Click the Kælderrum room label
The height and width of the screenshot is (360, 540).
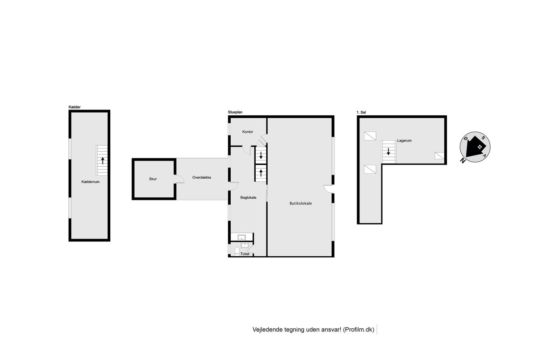click(x=90, y=182)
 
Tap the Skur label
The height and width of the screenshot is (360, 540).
click(x=153, y=179)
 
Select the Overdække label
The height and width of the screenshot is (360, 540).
click(x=202, y=177)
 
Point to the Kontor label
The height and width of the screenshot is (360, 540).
click(x=248, y=132)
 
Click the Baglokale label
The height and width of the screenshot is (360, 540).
click(x=248, y=198)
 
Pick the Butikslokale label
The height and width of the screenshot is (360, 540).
click(x=300, y=203)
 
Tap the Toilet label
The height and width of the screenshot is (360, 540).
click(x=245, y=254)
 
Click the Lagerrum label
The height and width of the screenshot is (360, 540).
click(x=404, y=140)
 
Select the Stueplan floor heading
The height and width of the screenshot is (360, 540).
click(x=235, y=112)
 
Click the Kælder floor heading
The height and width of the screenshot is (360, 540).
click(x=74, y=107)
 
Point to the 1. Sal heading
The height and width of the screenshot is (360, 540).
click(x=361, y=112)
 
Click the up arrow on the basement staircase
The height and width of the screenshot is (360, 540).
click(x=103, y=161)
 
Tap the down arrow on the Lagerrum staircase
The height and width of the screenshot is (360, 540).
click(x=388, y=151)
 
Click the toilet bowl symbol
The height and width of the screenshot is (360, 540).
click(x=237, y=251)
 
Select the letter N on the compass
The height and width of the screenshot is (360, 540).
click(x=462, y=161)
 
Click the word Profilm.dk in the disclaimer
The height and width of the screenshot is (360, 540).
click(x=359, y=330)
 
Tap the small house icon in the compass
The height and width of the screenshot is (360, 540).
click(x=479, y=147)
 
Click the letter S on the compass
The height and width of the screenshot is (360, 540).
click(x=483, y=138)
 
